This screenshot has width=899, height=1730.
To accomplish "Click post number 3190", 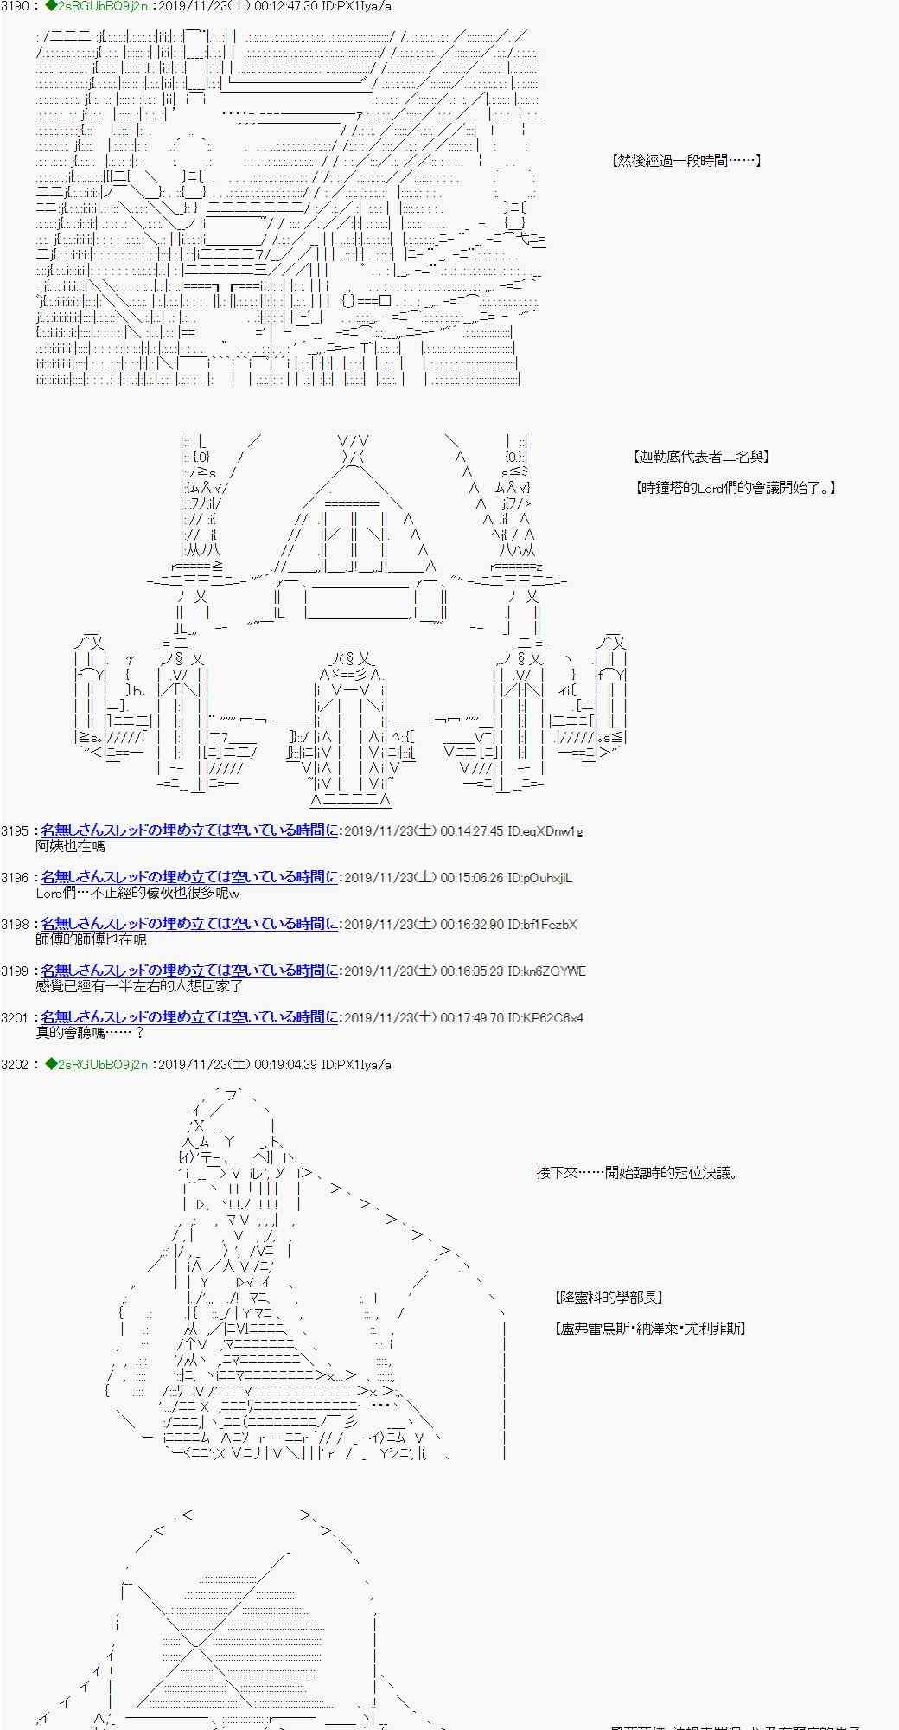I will (x=16, y=6).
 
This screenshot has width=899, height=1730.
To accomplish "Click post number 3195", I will (x=16, y=831).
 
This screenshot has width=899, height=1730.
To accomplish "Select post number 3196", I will (x=16, y=878).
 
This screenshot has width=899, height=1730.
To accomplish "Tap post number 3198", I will (x=16, y=925).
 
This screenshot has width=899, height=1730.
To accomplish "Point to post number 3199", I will (x=16, y=971).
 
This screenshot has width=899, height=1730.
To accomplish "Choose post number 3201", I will (x=16, y=1018).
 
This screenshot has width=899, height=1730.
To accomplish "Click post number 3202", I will (x=16, y=1065).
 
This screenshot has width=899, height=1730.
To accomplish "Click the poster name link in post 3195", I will (x=188, y=831).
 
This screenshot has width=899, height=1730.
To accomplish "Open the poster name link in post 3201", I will (x=188, y=1018).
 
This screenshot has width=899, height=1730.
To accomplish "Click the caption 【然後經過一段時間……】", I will (x=685, y=161).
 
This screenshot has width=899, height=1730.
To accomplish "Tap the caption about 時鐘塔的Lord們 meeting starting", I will (x=735, y=488).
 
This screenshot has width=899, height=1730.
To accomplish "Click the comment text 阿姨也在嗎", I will (x=70, y=847).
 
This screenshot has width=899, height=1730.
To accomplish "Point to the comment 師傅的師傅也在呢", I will (x=91, y=940).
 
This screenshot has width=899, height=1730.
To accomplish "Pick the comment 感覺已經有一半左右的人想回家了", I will (x=139, y=987).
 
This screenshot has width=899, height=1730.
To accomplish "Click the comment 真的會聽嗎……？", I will (x=90, y=1034).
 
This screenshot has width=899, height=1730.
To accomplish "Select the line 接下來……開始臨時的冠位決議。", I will (x=637, y=1174).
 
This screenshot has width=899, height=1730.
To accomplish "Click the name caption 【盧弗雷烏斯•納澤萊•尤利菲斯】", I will (x=649, y=1329).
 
